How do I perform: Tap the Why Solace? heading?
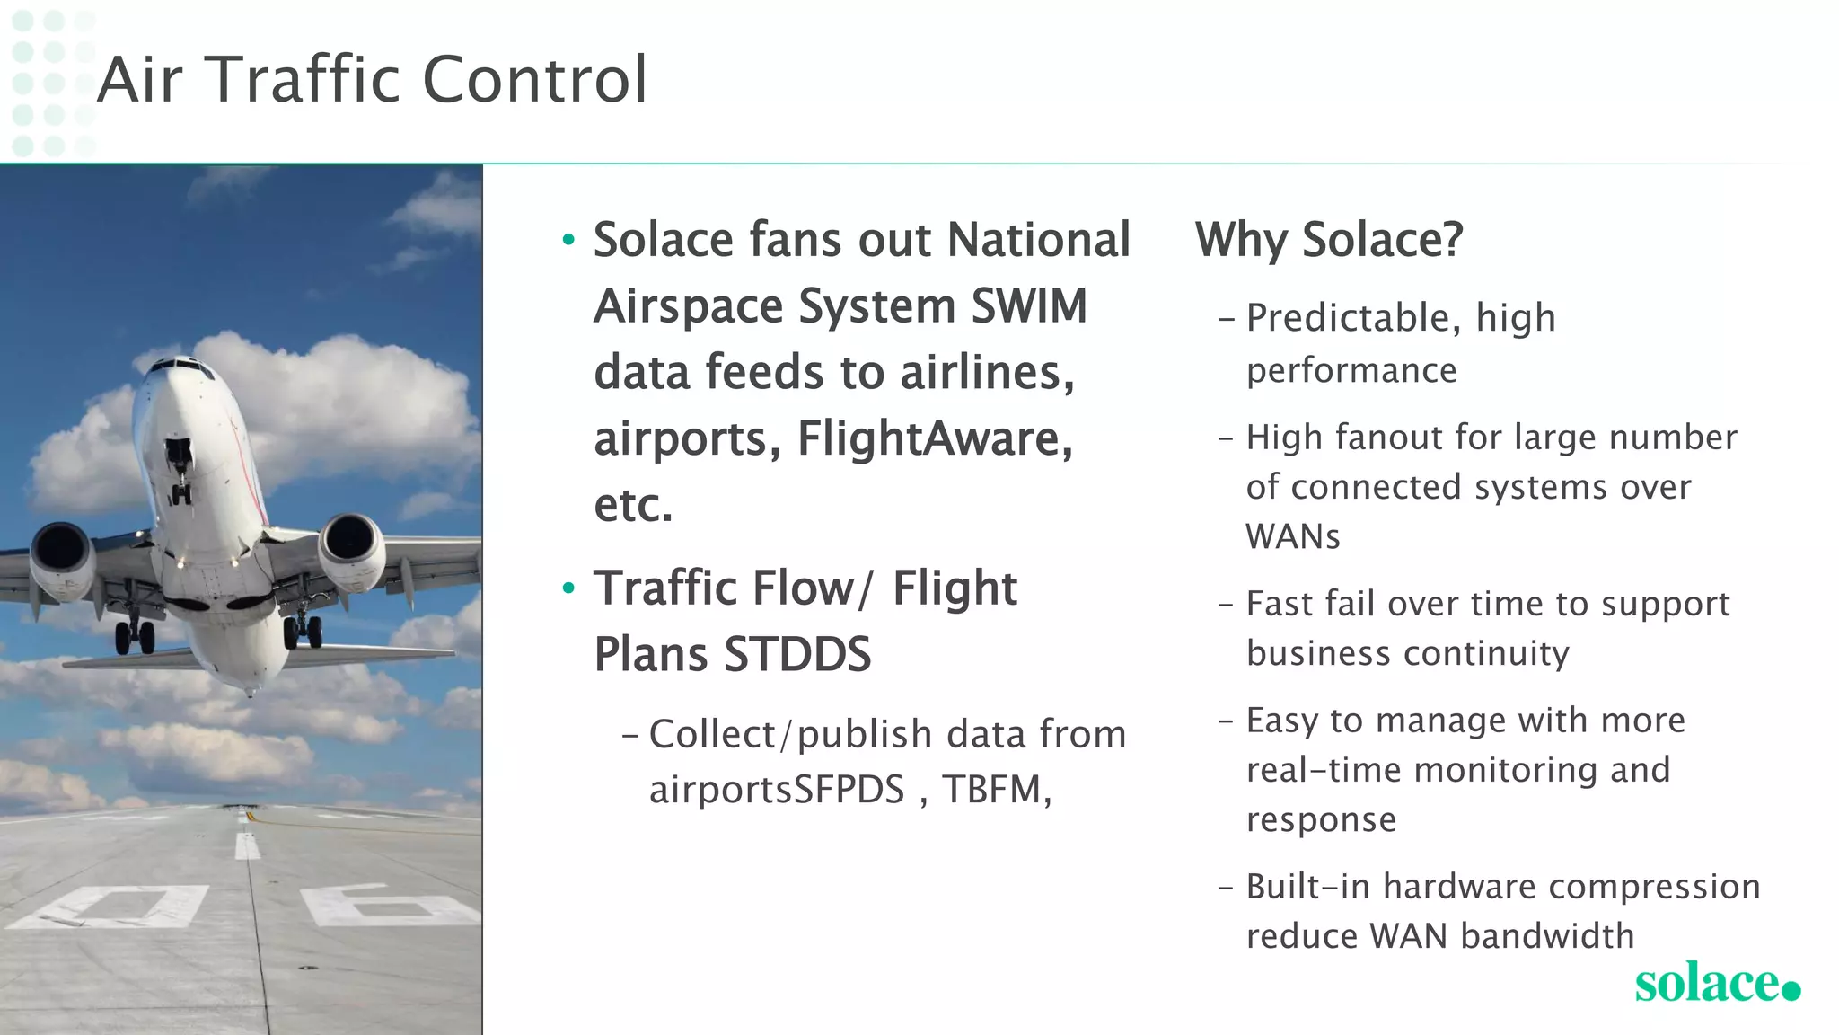[1328, 240]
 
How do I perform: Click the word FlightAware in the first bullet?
[934, 438]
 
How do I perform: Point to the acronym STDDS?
[796, 654]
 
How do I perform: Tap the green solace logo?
[1715, 983]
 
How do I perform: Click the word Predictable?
[1352, 318]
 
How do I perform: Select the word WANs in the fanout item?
[1292, 537]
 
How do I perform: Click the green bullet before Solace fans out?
[568, 240]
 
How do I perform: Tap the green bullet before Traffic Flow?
[568, 588]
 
